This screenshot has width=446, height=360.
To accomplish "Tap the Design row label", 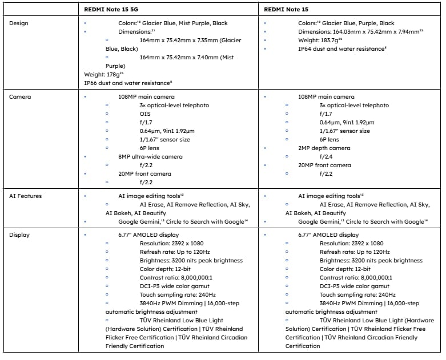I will coord(19,23).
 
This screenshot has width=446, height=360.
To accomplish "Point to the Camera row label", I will coord(20,97).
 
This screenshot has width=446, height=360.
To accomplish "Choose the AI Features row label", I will coord(26,196).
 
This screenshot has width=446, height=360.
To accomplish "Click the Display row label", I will coord(19,234).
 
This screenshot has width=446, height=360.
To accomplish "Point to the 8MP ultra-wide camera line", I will coord(151,156).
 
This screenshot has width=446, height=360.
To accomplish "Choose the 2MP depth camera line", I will coord(324,148).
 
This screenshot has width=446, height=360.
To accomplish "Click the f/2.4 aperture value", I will coord(327,156).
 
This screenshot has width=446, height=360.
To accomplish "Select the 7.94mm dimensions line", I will coord(360,32).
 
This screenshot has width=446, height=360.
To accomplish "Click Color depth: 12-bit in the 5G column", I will coord(165,269).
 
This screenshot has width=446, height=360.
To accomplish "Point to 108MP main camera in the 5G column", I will coord(147,97).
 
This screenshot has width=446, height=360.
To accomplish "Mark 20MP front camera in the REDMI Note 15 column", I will coord(324,165).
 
